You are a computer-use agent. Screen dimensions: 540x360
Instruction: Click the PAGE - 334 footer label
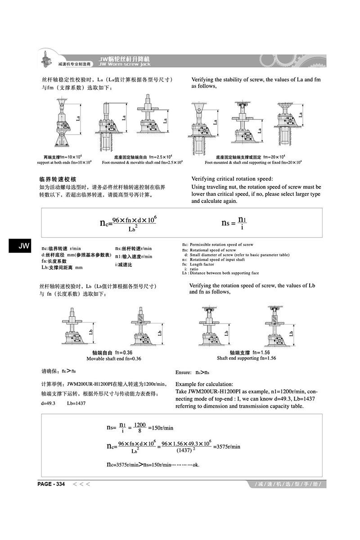click(51, 484)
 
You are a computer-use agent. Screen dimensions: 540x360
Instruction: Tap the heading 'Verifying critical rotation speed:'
click(232, 179)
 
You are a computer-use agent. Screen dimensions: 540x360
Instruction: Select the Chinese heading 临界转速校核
click(58, 179)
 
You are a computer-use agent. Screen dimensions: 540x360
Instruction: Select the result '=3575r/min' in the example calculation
click(227, 446)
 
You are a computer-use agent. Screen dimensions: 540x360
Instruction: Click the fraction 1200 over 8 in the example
click(140, 427)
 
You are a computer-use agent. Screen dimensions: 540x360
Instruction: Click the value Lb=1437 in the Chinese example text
click(76, 403)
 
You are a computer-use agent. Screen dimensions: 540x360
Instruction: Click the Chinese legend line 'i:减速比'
click(124, 264)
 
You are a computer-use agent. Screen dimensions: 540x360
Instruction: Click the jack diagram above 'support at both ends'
click(63, 121)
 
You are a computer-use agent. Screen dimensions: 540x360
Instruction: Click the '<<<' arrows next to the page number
click(82, 484)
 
